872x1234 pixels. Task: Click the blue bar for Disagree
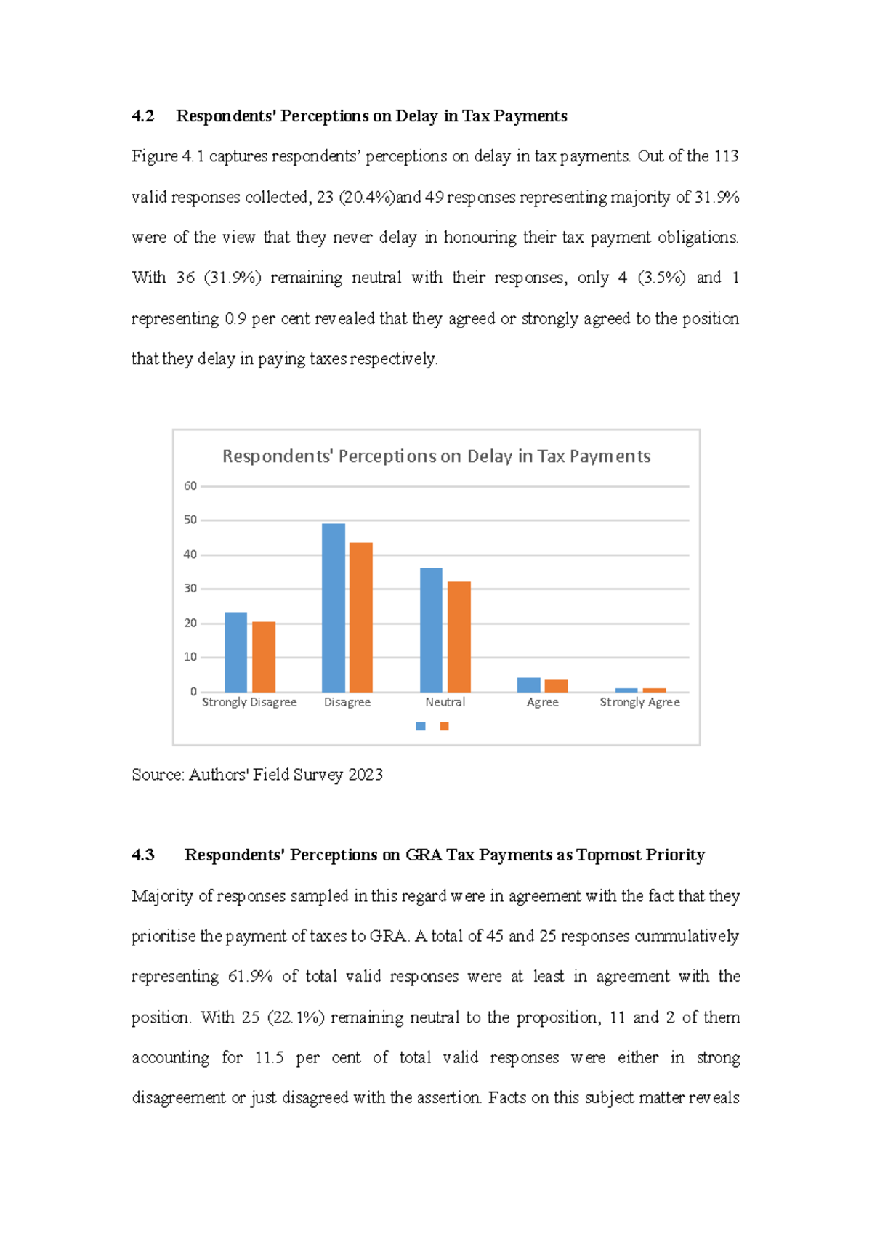(334, 608)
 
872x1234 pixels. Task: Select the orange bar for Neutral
(459, 637)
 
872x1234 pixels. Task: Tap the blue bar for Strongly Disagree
(235, 652)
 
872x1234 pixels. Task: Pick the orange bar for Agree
(556, 686)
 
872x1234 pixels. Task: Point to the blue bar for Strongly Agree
(626, 690)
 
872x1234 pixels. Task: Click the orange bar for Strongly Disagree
(264, 657)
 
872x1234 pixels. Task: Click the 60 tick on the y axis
(190, 486)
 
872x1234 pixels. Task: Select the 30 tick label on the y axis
(190, 589)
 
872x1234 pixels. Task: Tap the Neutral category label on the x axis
(445, 702)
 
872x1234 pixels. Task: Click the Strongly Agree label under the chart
(639, 702)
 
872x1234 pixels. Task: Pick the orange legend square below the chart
(444, 726)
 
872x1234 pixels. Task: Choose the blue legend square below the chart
(420, 726)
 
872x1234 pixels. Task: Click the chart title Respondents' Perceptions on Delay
(436, 456)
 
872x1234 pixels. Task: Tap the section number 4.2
(142, 116)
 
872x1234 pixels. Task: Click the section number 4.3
(142, 855)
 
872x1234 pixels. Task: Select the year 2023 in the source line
(365, 775)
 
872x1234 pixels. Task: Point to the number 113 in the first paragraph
(726, 156)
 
